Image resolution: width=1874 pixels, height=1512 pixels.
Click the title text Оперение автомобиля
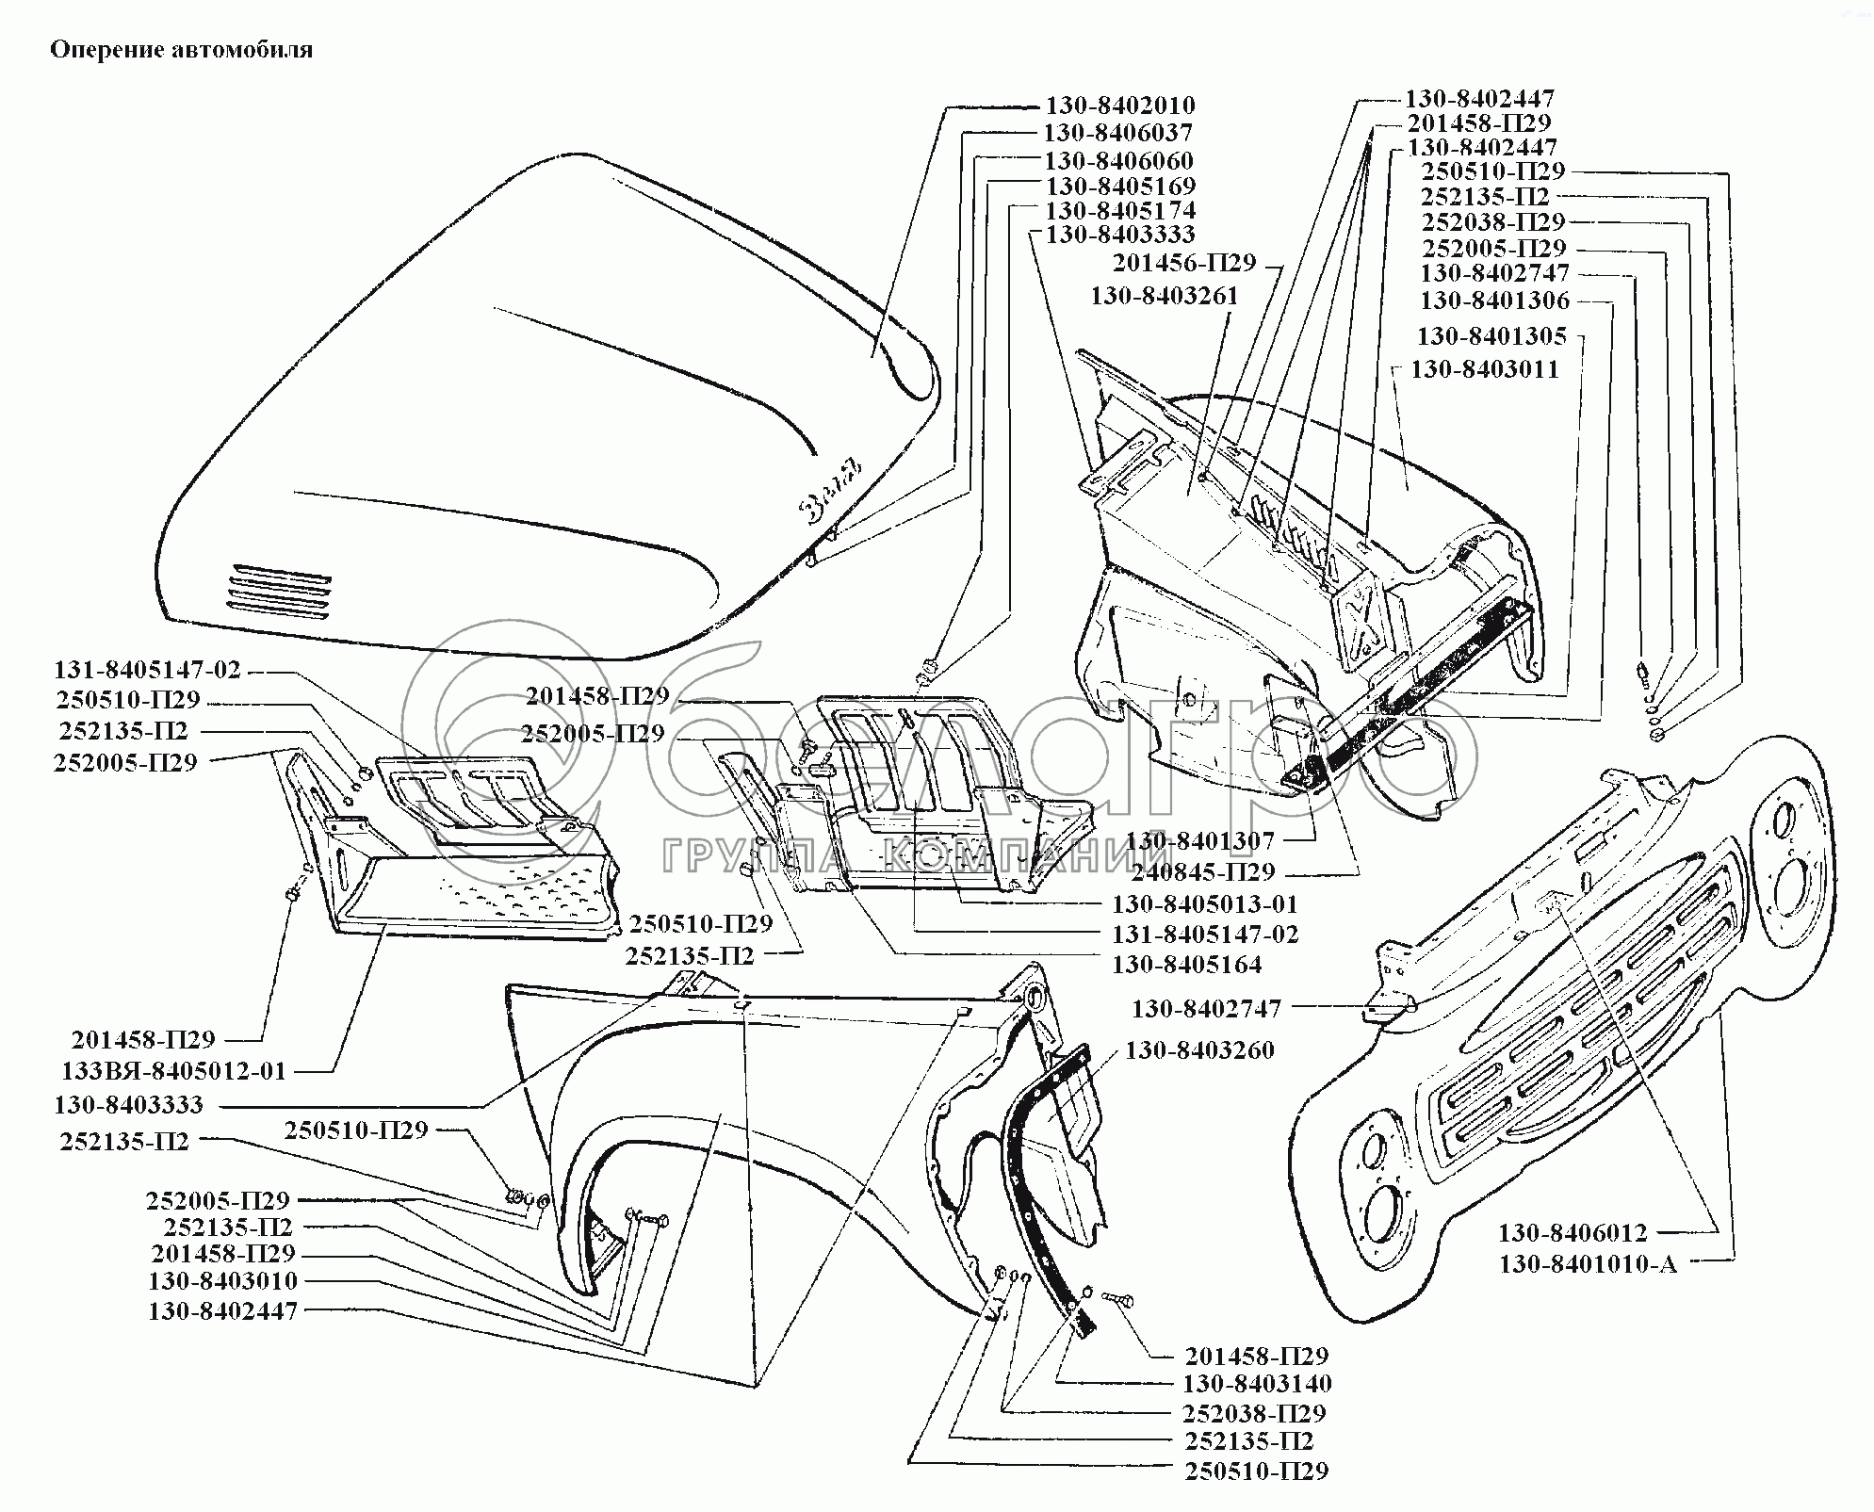(x=182, y=50)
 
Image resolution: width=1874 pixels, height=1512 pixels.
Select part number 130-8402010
(x=1119, y=106)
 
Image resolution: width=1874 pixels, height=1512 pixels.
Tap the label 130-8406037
(x=1117, y=133)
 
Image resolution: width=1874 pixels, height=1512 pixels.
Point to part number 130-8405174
(x=1120, y=210)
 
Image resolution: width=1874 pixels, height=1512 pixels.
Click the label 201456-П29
(x=1184, y=263)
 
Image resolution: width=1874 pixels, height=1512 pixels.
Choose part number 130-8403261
(x=1165, y=296)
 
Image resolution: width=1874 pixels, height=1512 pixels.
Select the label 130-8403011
(x=1484, y=369)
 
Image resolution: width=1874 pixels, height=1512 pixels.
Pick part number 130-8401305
(x=1491, y=336)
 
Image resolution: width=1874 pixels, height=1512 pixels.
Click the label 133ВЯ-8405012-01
(x=173, y=1071)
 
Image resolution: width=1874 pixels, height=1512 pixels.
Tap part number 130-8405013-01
(x=1205, y=904)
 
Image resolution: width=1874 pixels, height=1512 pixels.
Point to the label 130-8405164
(x=1186, y=965)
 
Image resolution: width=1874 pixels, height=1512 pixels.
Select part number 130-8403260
(x=1199, y=1050)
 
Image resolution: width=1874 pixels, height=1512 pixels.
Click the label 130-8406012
(x=1573, y=1233)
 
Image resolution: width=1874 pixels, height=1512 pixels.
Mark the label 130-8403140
(x=1257, y=1384)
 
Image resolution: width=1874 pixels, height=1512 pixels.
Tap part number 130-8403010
(x=222, y=1281)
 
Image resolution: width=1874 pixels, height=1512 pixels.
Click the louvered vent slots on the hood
(x=279, y=592)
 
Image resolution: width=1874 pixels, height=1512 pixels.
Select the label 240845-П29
(x=1203, y=871)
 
